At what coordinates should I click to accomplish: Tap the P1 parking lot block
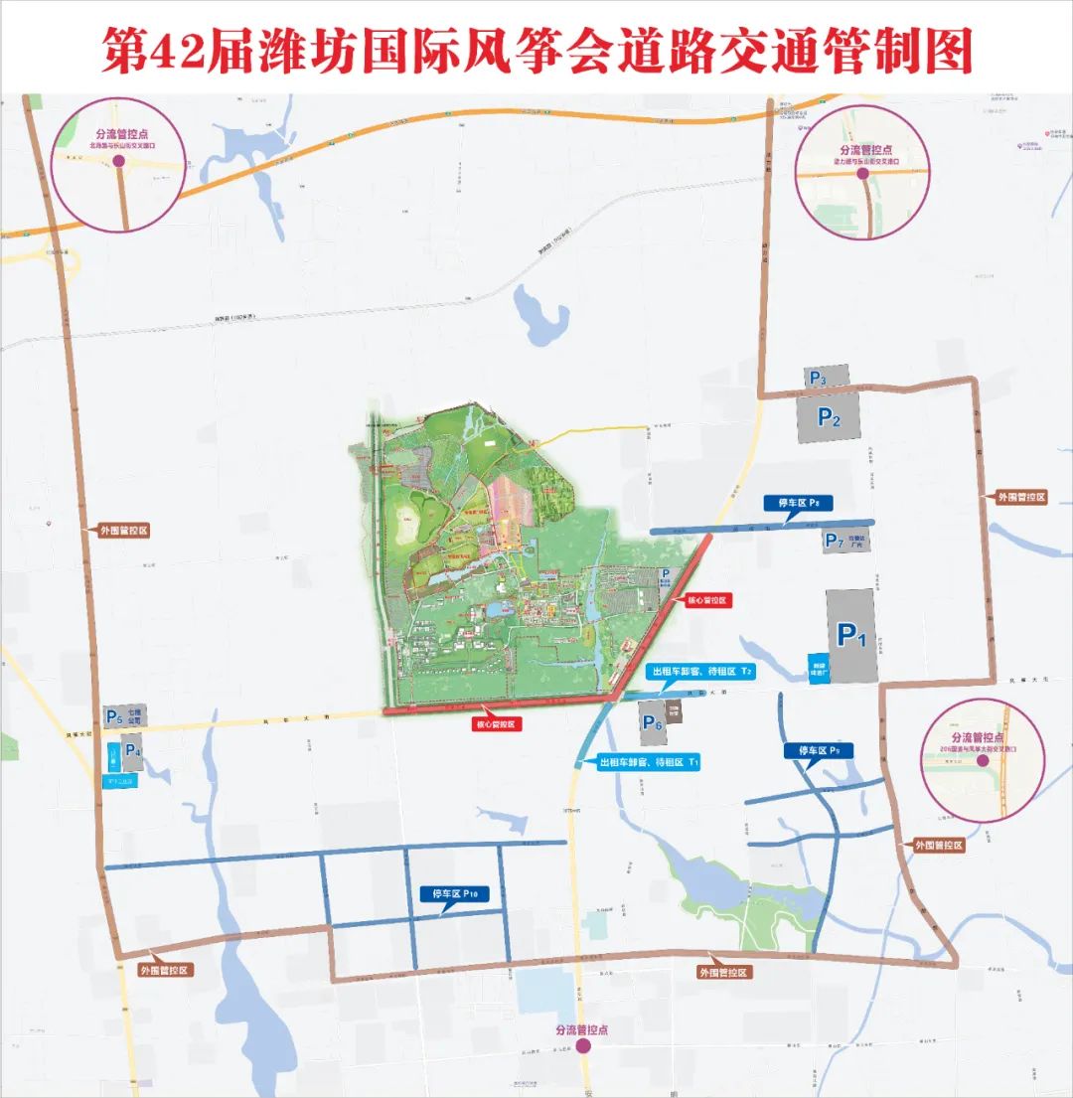[x=851, y=635]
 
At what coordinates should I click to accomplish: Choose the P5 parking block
[x=113, y=716]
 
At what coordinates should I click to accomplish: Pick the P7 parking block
[x=834, y=542]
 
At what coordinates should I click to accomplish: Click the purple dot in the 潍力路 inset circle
[x=862, y=173]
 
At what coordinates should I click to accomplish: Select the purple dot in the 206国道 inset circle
[x=981, y=760]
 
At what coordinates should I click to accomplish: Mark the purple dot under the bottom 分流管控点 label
[x=584, y=1045]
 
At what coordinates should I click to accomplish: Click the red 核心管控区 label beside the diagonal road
[x=706, y=601]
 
